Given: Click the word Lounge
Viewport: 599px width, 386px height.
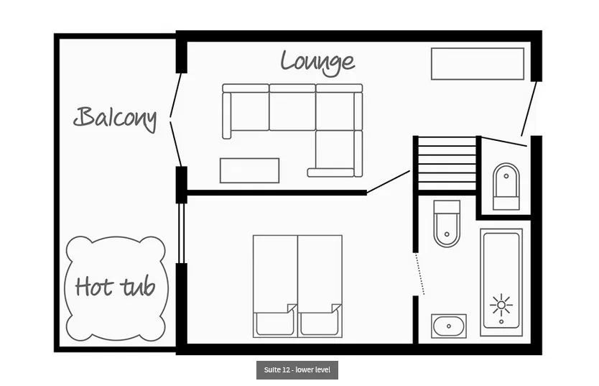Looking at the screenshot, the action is [318, 63].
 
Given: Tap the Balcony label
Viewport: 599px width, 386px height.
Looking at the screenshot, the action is [115, 118].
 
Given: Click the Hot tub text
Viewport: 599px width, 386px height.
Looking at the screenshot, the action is [115, 287].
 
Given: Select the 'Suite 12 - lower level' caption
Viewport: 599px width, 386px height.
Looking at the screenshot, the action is [297, 370].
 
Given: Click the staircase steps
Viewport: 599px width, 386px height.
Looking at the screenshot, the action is [447, 164].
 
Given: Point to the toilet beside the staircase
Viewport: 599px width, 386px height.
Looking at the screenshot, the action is [506, 186].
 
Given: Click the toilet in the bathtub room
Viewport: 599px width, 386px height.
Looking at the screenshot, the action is [447, 224].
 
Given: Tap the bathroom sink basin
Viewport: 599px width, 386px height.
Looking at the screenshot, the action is [448, 326].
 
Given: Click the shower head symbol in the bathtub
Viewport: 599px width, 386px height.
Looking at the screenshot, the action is [501, 305].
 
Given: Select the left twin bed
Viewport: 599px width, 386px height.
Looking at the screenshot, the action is [275, 286].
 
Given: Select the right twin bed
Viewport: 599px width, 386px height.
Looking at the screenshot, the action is [320, 286].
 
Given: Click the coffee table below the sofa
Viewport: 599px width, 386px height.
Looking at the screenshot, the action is [249, 170].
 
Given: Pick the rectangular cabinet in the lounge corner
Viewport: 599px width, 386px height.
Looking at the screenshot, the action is [478, 64].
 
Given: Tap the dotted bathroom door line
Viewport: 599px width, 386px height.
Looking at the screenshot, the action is [420, 274].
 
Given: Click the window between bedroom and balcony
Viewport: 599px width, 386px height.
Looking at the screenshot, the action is [182, 233].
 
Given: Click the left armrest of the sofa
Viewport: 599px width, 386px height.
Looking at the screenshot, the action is [227, 116].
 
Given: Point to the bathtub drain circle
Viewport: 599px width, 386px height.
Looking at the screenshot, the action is [501, 322].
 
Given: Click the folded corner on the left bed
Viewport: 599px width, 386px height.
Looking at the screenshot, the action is [292, 308].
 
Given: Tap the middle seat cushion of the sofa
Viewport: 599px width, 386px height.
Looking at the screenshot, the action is [292, 111].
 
